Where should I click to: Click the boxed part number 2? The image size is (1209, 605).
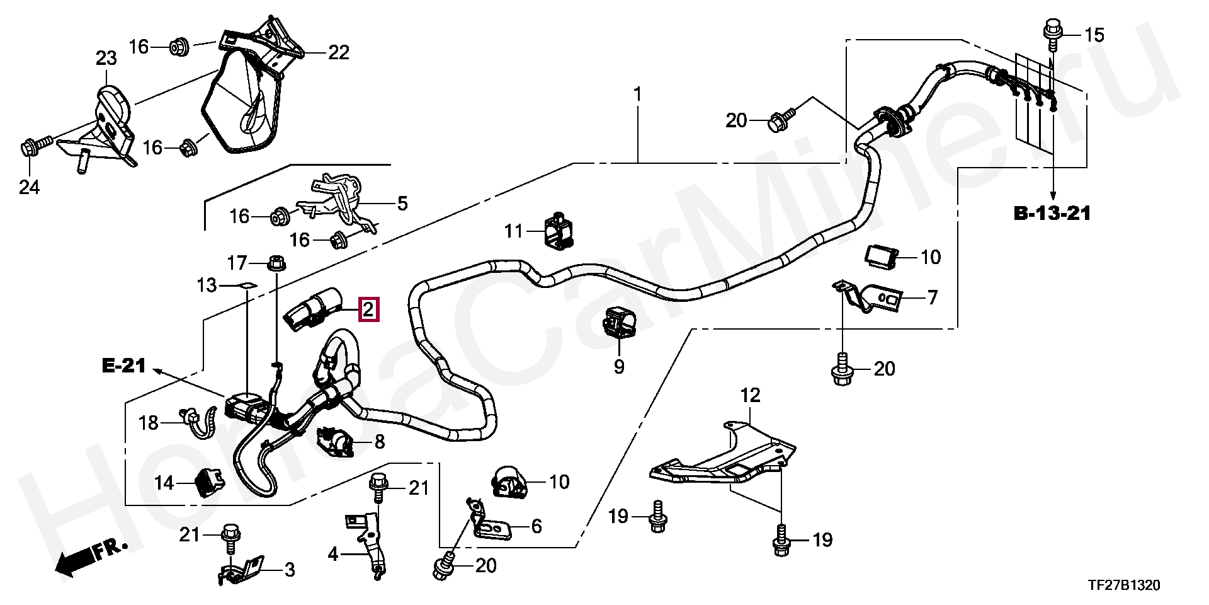(369, 309)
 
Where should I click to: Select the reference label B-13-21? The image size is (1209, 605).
(1052, 213)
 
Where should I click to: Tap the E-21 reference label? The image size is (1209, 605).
(124, 366)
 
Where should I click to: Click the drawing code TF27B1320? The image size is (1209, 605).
(1124, 585)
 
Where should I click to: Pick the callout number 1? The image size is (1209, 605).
(637, 95)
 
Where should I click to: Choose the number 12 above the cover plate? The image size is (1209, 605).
(750, 395)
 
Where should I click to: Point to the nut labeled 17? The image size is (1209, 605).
(275, 262)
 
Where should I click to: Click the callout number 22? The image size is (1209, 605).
(339, 52)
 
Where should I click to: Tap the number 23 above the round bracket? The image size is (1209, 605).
(106, 59)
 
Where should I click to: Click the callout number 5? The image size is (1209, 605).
(402, 203)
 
